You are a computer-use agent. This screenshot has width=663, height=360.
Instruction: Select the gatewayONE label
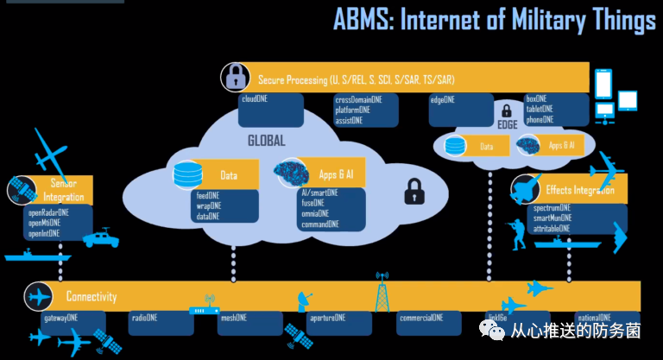[60, 318]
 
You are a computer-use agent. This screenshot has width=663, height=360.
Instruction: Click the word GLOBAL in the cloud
[266, 141]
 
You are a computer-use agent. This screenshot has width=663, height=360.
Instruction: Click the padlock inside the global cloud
[414, 190]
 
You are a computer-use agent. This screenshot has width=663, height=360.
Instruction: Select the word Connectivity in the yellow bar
[92, 297]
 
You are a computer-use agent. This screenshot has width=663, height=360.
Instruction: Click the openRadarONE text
[48, 212]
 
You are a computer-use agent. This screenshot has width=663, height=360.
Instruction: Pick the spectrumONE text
[552, 208]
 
